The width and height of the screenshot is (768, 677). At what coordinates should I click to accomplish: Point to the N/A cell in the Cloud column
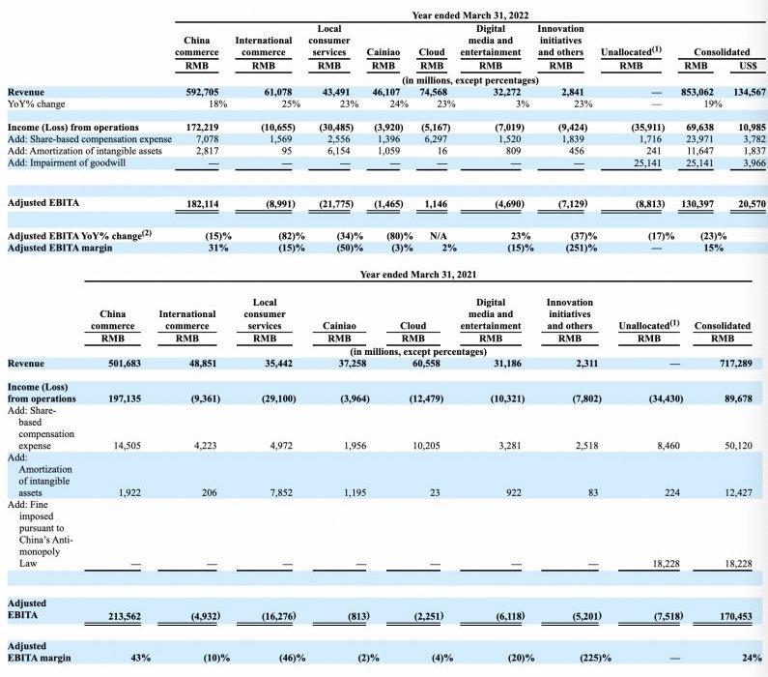431,235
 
